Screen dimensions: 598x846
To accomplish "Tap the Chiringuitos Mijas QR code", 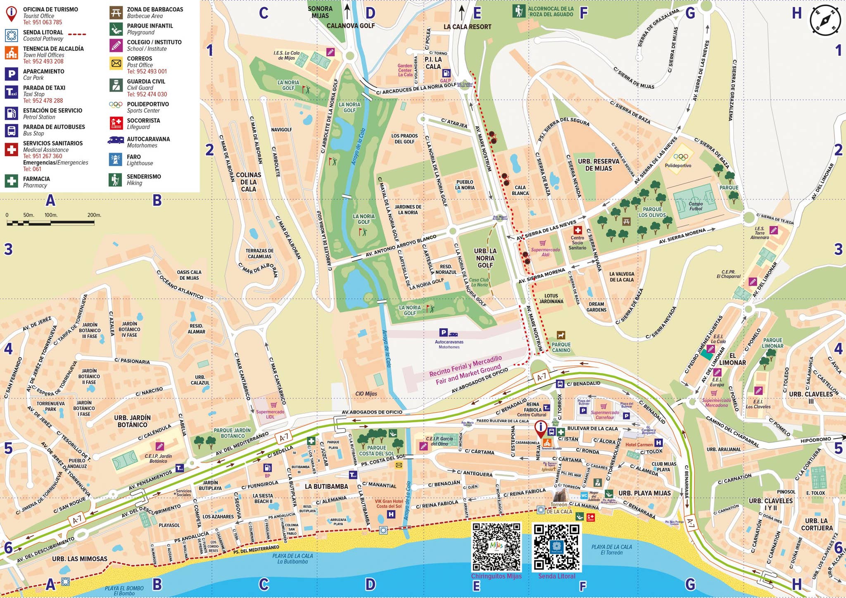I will (496, 547).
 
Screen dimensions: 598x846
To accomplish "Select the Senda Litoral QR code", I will (556, 547).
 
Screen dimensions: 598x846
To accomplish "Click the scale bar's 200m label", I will (94, 215).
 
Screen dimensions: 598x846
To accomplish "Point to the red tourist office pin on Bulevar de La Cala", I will (540, 429).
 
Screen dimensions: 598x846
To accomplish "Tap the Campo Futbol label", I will (696, 206).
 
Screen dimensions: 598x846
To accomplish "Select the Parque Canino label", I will (561, 347).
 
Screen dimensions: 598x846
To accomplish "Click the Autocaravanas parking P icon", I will (443, 332).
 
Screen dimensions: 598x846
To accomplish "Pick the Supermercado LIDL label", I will (270, 414).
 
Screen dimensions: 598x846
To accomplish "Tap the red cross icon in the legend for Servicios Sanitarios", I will (12, 149).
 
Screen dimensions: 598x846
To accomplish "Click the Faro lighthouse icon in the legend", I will (116, 160).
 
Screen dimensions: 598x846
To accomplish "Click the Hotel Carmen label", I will (639, 445).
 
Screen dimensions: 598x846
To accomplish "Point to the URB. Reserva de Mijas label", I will (598, 164).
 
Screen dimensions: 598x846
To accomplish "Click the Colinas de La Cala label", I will (248, 182).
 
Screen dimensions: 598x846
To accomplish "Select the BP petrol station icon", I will (268, 468).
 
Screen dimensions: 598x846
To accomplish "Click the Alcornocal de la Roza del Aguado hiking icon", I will (519, 11).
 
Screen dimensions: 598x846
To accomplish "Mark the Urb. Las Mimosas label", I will (80, 559).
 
